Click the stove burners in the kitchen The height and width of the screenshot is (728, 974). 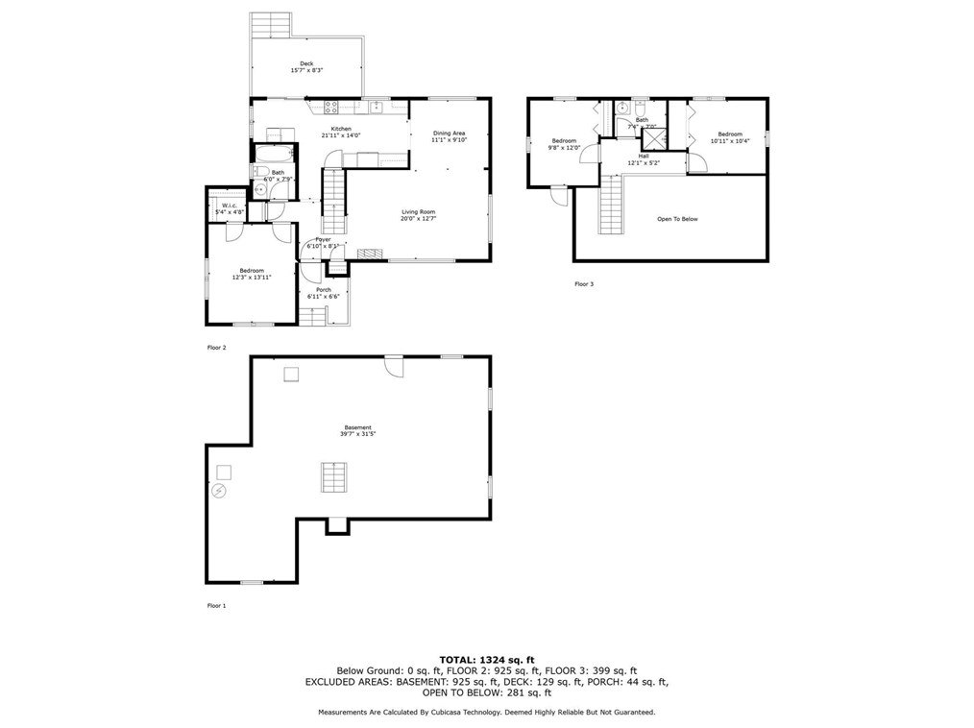[332, 108]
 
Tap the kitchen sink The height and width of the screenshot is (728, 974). [378, 107]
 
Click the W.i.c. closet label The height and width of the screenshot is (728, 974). [230, 205]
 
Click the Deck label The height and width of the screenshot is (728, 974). [306, 64]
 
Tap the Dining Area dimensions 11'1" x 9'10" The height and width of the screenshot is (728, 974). [449, 140]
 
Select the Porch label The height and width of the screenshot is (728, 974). [324, 290]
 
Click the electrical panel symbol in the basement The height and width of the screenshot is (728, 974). [219, 491]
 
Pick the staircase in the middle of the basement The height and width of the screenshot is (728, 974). [333, 476]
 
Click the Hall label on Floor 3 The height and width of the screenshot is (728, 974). [643, 156]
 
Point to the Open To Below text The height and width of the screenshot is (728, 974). [677, 219]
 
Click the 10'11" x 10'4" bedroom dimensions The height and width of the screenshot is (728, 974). [729, 141]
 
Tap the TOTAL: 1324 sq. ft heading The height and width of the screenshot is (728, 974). [487, 659]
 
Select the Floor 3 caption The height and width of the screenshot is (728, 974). [584, 284]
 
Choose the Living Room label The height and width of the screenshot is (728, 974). [418, 211]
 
